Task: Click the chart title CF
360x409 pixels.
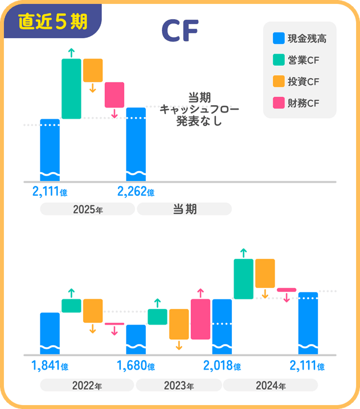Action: pyautogui.click(x=179, y=32)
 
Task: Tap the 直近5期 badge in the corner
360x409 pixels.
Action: pyautogui.click(x=52, y=21)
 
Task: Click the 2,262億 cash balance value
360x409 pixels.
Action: pyautogui.click(x=136, y=192)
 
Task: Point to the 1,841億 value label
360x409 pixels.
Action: pyautogui.click(x=49, y=366)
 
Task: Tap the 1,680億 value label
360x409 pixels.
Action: pyautogui.click(x=136, y=366)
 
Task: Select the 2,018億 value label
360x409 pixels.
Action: pyautogui.click(x=222, y=366)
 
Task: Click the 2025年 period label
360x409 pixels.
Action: pyautogui.click(x=87, y=209)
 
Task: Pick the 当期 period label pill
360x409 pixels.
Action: pyautogui.click(x=184, y=209)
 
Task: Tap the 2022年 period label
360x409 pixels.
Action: pyautogui.click(x=87, y=386)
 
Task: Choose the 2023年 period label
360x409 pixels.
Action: pyautogui.click(x=179, y=386)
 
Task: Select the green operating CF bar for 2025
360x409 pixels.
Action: pyautogui.click(x=71, y=88)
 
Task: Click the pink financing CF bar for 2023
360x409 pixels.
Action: pyautogui.click(x=200, y=319)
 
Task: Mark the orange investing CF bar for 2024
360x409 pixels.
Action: pyautogui.click(x=265, y=273)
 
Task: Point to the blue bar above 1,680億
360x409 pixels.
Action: pyautogui.click(x=136, y=340)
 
